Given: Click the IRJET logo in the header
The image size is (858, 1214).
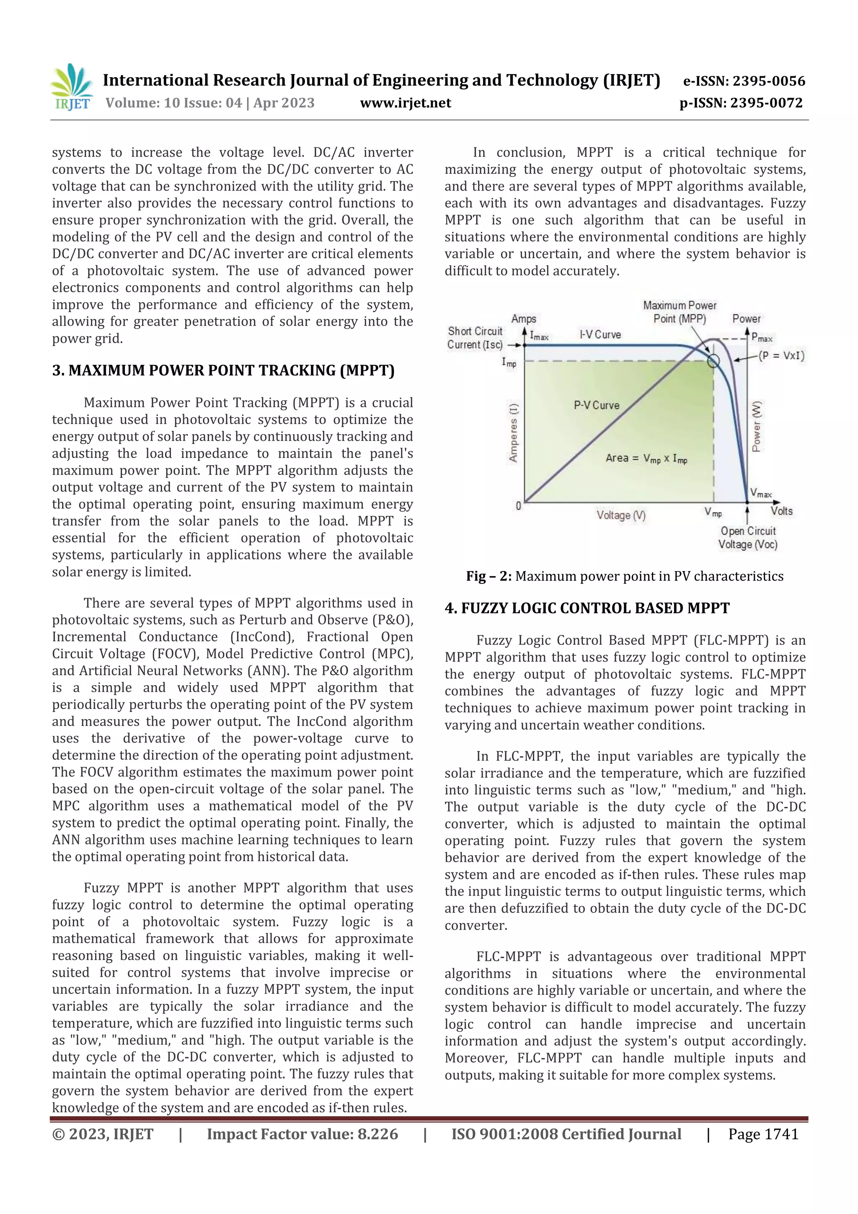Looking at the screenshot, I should (72, 87).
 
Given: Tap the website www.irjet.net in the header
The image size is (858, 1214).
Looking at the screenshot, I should (406, 103).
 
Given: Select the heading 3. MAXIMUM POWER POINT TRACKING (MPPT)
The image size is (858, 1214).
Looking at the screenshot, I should (223, 370).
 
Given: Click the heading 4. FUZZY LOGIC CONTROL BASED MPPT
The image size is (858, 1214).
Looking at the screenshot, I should (587, 608).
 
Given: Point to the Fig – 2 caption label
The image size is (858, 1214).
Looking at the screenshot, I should (488, 576).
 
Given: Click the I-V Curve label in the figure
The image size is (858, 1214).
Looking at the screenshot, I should (600, 335).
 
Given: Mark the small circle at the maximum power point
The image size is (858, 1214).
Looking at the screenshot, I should (713, 361).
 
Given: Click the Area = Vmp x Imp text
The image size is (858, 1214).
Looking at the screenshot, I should (646, 458).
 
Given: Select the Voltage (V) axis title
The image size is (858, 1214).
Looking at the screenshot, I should (621, 515).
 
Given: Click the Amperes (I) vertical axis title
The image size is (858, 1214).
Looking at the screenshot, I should (513, 432).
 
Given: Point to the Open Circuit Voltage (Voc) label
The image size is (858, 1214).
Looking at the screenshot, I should (747, 537).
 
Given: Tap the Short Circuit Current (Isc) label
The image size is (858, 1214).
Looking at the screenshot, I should (475, 338).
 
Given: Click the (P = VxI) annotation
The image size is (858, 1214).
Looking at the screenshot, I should (781, 355).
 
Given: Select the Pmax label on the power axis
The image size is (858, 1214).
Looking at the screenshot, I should (762, 337).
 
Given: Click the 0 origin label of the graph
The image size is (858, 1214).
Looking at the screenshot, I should (518, 506).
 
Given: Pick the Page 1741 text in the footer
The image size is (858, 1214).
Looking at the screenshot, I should (763, 1134).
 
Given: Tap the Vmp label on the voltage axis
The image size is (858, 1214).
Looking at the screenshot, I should (713, 512).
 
